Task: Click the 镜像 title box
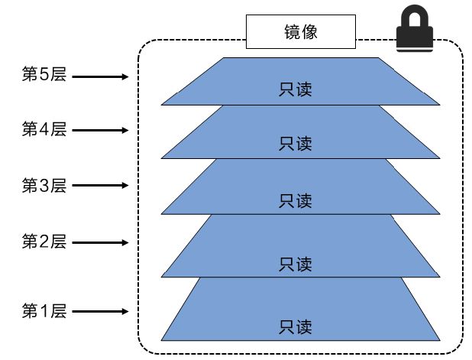[300, 31]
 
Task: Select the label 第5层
[44, 75]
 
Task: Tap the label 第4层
[44, 129]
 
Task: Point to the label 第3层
[44, 185]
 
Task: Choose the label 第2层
[44, 242]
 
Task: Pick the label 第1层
[44, 311]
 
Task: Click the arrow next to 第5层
[101, 76]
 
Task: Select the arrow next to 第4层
[101, 130]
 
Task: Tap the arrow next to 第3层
[101, 186]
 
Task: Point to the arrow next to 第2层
[101, 243]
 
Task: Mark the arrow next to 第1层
[101, 312]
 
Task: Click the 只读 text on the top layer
[296, 90]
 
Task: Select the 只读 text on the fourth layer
[296, 143]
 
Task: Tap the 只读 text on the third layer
[296, 201]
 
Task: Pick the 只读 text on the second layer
[296, 264]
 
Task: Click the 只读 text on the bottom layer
[296, 327]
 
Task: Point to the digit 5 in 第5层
[44, 75]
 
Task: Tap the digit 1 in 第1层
[44, 311]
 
